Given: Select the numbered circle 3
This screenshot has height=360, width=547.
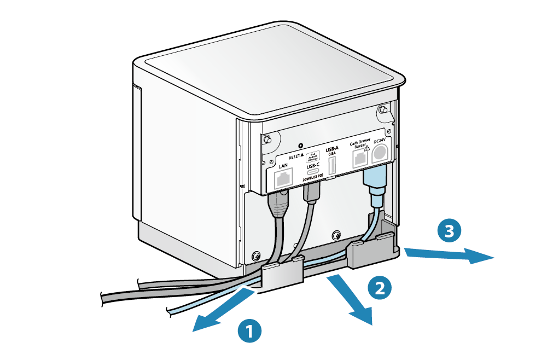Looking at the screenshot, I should [449, 231].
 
